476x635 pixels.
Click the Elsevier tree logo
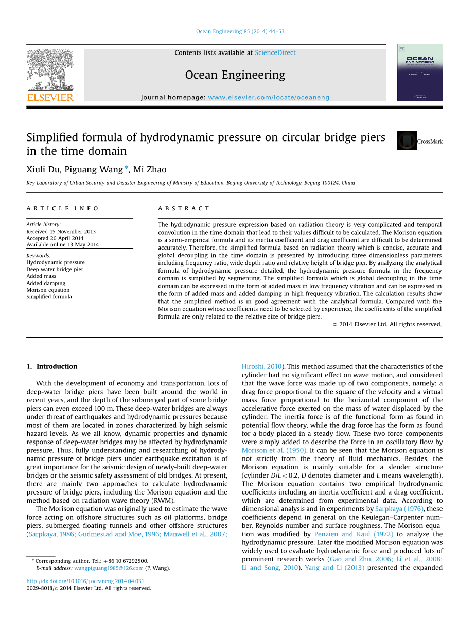[50, 70]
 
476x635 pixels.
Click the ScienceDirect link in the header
[275, 52]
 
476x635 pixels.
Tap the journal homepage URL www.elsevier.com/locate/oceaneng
[268, 97]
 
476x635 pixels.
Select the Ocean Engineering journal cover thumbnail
[419, 73]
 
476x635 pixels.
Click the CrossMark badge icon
[407, 141]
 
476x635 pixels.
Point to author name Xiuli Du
[43, 169]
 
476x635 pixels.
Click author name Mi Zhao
[150, 169]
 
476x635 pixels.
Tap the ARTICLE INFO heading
[63, 208]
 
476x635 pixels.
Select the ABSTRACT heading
[184, 208]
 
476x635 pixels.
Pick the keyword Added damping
[46, 283]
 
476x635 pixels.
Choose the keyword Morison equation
[48, 290]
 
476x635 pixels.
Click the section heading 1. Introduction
[51, 366]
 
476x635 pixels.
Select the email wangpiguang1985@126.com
[109, 568]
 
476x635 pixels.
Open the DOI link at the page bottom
[85, 581]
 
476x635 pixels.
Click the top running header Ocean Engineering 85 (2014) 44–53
[240, 32]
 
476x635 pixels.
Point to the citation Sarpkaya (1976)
[399, 509]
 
